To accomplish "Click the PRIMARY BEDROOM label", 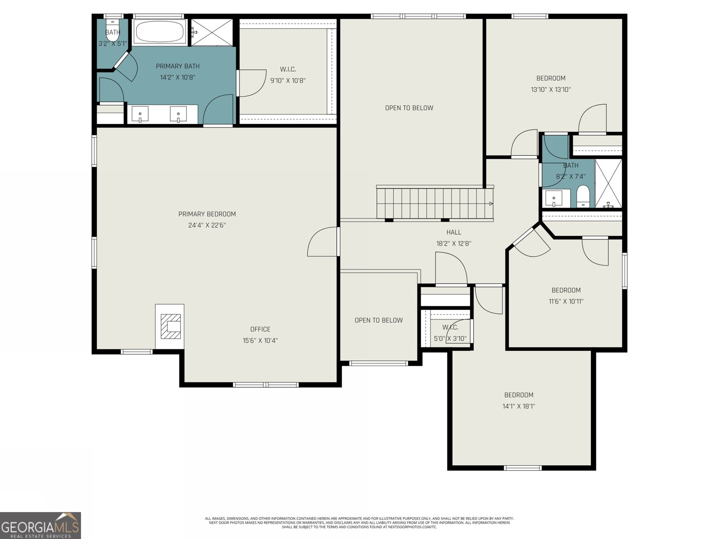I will click(207, 214).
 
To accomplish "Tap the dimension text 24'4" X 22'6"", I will click(207, 225).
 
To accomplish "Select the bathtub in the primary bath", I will click(160, 31).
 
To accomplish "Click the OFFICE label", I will click(260, 329).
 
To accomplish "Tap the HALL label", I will click(453, 232).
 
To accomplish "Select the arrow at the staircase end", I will click(491, 203).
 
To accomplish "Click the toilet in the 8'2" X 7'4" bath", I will click(583, 197).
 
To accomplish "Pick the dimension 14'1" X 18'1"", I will click(519, 406).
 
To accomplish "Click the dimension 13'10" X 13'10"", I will click(550, 89).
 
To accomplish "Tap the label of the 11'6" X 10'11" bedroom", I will click(566, 290).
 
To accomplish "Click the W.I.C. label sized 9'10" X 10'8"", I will click(288, 69).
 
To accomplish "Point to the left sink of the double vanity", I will click(140, 114).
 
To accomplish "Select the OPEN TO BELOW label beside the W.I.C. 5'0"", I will click(378, 320).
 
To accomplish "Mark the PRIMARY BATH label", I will click(178, 66).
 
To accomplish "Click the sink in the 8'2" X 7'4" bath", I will click(555, 198).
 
